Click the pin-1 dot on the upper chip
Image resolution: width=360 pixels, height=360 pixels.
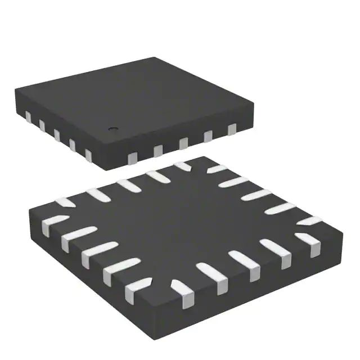point(112,129)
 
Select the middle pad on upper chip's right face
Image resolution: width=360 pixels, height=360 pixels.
point(183,143)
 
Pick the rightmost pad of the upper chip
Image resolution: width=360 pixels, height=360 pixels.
point(232,130)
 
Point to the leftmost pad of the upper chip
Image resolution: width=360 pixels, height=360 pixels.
point(28,117)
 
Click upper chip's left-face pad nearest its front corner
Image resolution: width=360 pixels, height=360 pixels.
point(88,154)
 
